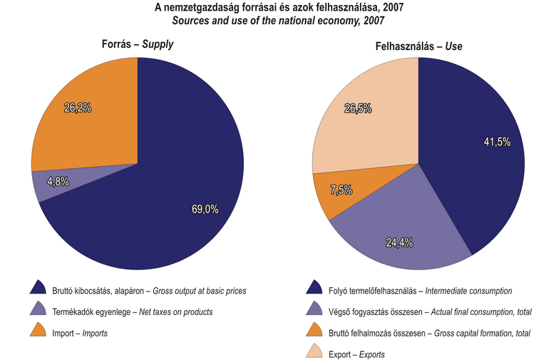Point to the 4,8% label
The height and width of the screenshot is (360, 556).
[x=58, y=182]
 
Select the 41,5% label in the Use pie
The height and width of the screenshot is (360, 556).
[x=496, y=142]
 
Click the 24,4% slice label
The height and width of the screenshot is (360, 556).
[x=398, y=242]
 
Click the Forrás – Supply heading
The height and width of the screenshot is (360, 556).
[x=138, y=45]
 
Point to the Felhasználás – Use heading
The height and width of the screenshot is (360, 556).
[x=418, y=46]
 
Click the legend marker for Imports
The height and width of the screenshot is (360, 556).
[x=38, y=331]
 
